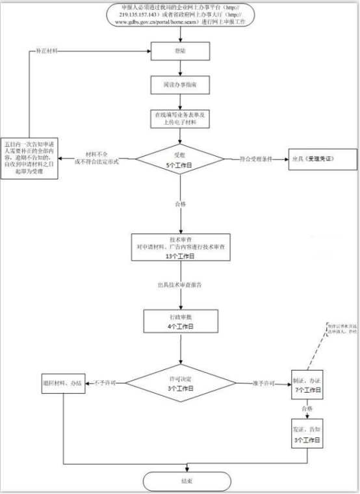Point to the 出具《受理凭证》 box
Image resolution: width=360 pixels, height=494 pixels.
pos(323,159)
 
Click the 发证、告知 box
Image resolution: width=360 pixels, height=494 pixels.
pos(309,434)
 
